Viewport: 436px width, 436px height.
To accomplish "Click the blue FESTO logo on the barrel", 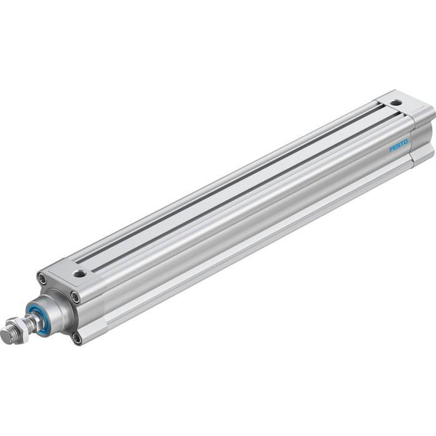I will [398, 146].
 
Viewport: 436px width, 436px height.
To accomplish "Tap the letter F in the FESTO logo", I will [391, 150].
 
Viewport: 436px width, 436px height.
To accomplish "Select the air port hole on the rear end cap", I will [396, 103].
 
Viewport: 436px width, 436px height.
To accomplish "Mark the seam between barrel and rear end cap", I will [411, 144].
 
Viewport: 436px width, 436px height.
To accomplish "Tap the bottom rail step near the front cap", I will [105, 323].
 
